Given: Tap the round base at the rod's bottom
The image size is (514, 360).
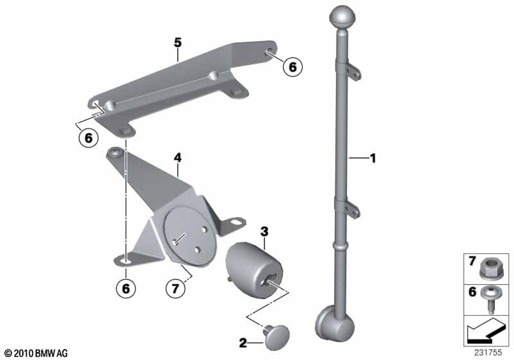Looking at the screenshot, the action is pos(334,323).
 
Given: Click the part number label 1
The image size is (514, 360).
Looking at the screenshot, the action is pos(373,159).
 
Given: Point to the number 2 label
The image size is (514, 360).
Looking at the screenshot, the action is pos(243,343).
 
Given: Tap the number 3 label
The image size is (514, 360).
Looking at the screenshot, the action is pos(264,231).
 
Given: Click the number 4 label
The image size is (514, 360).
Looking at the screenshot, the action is pos(177,158).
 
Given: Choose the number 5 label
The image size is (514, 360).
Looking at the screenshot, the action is pos(177,42).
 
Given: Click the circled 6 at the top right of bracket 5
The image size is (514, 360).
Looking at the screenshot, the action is pos(293,67).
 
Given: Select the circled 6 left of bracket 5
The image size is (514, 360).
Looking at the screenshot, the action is pos(89,138).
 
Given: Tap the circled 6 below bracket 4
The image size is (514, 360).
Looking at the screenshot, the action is pos(126,289).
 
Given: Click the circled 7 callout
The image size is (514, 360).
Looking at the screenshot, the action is pos(175,289).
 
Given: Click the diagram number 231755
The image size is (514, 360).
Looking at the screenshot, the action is pos(488,353).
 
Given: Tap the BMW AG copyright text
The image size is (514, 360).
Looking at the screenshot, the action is pos(36,354).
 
